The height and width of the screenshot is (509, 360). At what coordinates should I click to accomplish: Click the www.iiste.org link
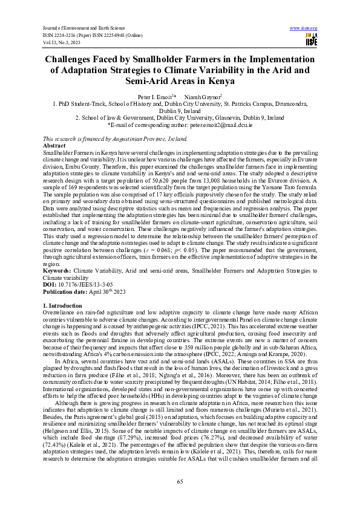click(x=304, y=28)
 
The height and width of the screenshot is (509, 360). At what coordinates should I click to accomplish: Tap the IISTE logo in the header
click(x=311, y=41)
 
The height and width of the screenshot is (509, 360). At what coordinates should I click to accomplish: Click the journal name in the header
click(x=80, y=28)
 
